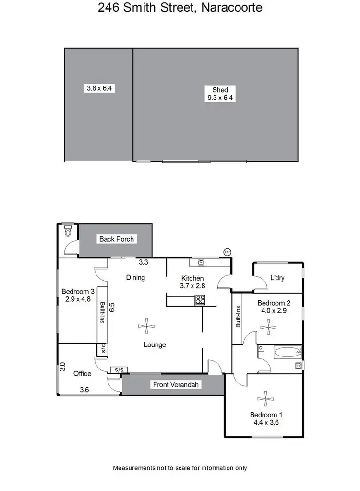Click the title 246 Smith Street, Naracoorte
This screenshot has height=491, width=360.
(180, 8)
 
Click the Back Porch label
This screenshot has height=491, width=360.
(117, 239)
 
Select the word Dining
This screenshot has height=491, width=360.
(135, 277)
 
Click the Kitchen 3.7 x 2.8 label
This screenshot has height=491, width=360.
(192, 282)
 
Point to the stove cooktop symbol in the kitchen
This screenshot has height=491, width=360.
(200, 300)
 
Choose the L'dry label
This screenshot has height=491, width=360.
(278, 278)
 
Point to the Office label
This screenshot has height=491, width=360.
(82, 373)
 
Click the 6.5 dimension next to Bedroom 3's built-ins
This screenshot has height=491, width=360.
(111, 307)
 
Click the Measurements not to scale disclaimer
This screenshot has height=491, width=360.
(180, 467)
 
